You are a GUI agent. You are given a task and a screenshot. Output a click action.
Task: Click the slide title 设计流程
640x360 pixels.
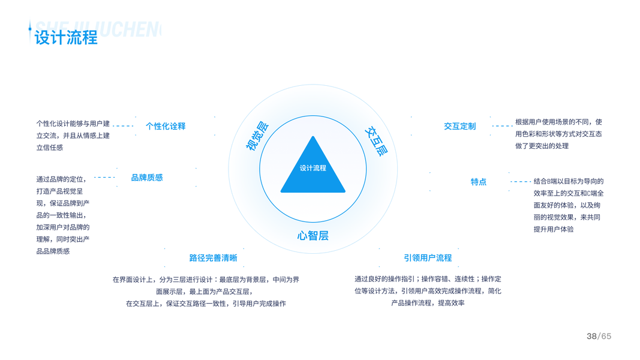click(x=66, y=37)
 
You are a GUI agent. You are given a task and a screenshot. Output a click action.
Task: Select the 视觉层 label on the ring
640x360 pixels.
click(x=258, y=136)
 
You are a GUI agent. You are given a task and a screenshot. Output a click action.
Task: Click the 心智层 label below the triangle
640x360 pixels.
click(x=313, y=235)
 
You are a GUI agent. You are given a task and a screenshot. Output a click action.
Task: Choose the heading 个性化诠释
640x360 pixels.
click(x=166, y=126)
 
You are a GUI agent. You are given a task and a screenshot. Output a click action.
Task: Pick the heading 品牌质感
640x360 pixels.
click(x=147, y=178)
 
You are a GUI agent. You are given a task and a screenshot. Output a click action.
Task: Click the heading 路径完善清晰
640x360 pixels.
click(x=213, y=258)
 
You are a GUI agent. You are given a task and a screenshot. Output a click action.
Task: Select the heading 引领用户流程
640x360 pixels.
click(x=428, y=258)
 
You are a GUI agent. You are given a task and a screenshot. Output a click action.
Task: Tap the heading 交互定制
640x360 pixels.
click(x=460, y=126)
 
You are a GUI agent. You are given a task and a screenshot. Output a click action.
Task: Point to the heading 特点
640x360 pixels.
click(x=479, y=182)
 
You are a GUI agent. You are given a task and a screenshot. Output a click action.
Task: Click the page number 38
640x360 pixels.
click(x=591, y=336)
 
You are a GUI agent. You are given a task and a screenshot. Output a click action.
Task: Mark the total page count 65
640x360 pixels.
click(x=606, y=336)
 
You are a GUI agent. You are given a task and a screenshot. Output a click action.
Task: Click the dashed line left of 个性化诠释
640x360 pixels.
click(x=123, y=126)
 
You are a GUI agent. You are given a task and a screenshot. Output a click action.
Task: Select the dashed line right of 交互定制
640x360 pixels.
click(x=502, y=126)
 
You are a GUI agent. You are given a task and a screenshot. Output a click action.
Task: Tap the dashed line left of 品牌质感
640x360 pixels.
click(x=104, y=178)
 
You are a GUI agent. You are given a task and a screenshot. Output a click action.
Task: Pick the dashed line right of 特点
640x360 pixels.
click(x=520, y=181)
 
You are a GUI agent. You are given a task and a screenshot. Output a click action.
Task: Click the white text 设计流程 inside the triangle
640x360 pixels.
click(x=313, y=168)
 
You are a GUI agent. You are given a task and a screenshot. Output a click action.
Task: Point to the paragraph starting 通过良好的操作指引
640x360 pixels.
click(x=428, y=291)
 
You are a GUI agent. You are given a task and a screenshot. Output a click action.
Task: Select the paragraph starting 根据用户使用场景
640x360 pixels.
click(x=558, y=134)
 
